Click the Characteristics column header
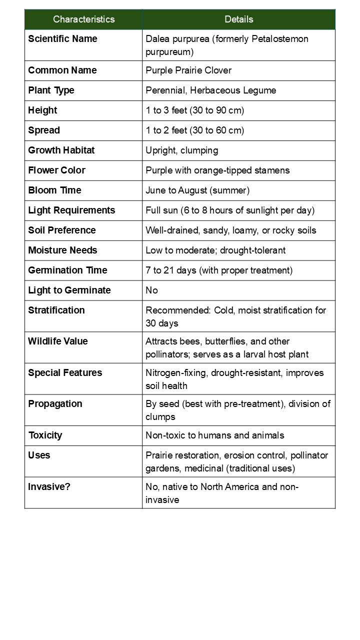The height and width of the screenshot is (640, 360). point(83,19)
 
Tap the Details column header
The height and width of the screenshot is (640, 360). point(238,19)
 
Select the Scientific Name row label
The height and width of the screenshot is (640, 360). point(62,39)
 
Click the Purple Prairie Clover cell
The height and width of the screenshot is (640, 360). point(188,70)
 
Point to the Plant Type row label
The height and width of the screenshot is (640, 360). point(51,90)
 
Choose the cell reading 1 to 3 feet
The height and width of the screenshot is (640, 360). point(194,110)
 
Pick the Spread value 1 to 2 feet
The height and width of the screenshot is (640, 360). point(194,130)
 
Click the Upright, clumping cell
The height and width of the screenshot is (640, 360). point(181,150)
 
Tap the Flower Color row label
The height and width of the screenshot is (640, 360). point(56,170)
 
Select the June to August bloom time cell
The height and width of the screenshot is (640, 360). point(197,190)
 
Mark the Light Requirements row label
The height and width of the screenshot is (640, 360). point(71,210)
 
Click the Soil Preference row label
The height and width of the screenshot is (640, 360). point(61,230)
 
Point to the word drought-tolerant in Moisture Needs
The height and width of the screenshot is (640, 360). point(253,250)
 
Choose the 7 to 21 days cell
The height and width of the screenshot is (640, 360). point(219,270)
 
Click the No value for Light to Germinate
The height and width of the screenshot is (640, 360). point(151,290)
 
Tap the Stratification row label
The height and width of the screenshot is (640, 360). point(56,310)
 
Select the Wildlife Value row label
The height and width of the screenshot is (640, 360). point(57,341)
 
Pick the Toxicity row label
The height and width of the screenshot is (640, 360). point(45,435)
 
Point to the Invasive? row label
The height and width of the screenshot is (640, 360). point(49,486)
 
